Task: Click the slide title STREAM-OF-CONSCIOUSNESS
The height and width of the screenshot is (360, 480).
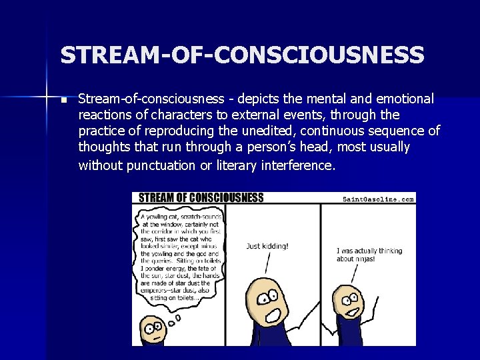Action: (242, 55)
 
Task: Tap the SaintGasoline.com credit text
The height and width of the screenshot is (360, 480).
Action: (378, 199)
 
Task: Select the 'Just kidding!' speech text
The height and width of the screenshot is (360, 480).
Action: (267, 246)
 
